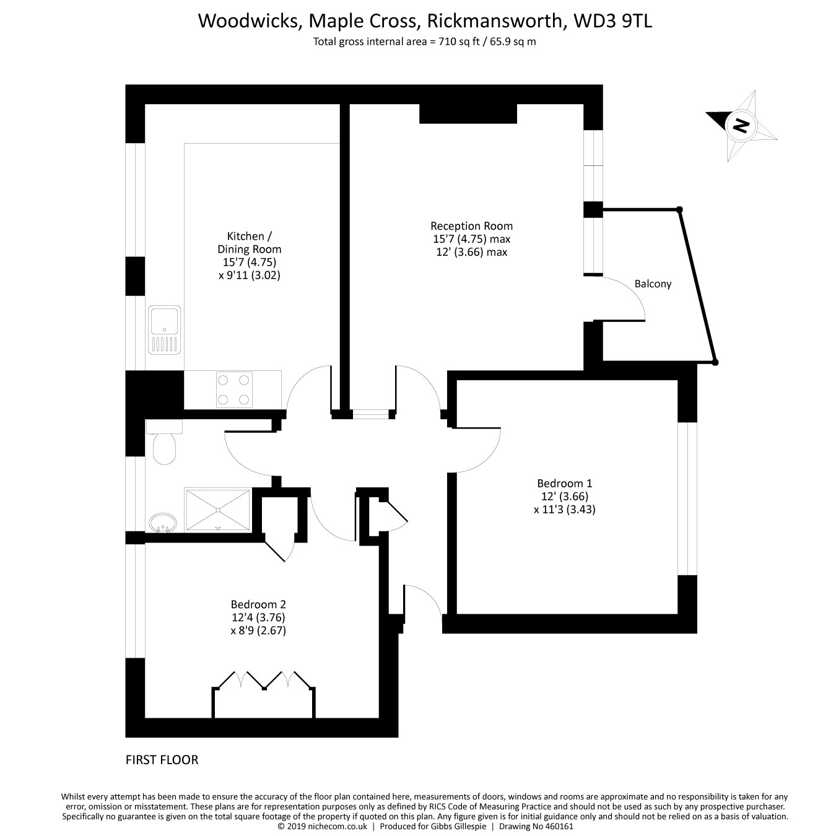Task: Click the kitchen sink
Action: [x=165, y=329]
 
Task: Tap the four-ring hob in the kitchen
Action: [x=234, y=390]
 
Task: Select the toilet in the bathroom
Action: [x=164, y=442]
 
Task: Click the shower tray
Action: [x=218, y=510]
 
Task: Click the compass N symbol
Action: [x=741, y=125]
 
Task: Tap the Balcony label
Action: [x=653, y=284]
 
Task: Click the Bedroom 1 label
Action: [x=564, y=483]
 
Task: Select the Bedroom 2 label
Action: [x=258, y=604]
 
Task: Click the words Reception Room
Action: [x=472, y=226]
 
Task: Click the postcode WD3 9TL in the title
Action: [x=612, y=21]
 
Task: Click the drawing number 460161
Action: [x=558, y=826]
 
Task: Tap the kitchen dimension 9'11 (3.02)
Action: [x=250, y=275]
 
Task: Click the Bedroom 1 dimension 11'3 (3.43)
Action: [x=564, y=509]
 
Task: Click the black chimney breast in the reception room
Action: [x=468, y=114]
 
